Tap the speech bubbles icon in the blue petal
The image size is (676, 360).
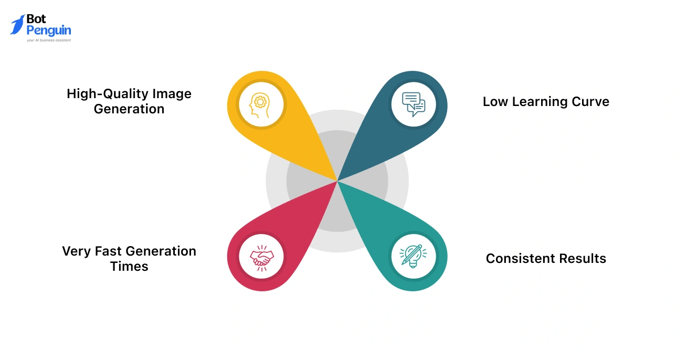[x=414, y=103]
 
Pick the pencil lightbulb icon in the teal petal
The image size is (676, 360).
[x=414, y=257]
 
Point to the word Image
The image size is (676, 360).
[x=172, y=94]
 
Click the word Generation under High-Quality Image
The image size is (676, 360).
[x=129, y=109]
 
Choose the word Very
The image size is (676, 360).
[x=77, y=251]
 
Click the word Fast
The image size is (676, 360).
[x=109, y=251]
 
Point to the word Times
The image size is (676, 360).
[x=129, y=267]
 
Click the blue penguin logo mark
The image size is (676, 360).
[x=17, y=25]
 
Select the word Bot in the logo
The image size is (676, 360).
[x=37, y=19]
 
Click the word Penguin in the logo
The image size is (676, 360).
[x=49, y=30]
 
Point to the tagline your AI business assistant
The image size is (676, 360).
[x=49, y=40]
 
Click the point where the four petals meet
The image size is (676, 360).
[x=337, y=181]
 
